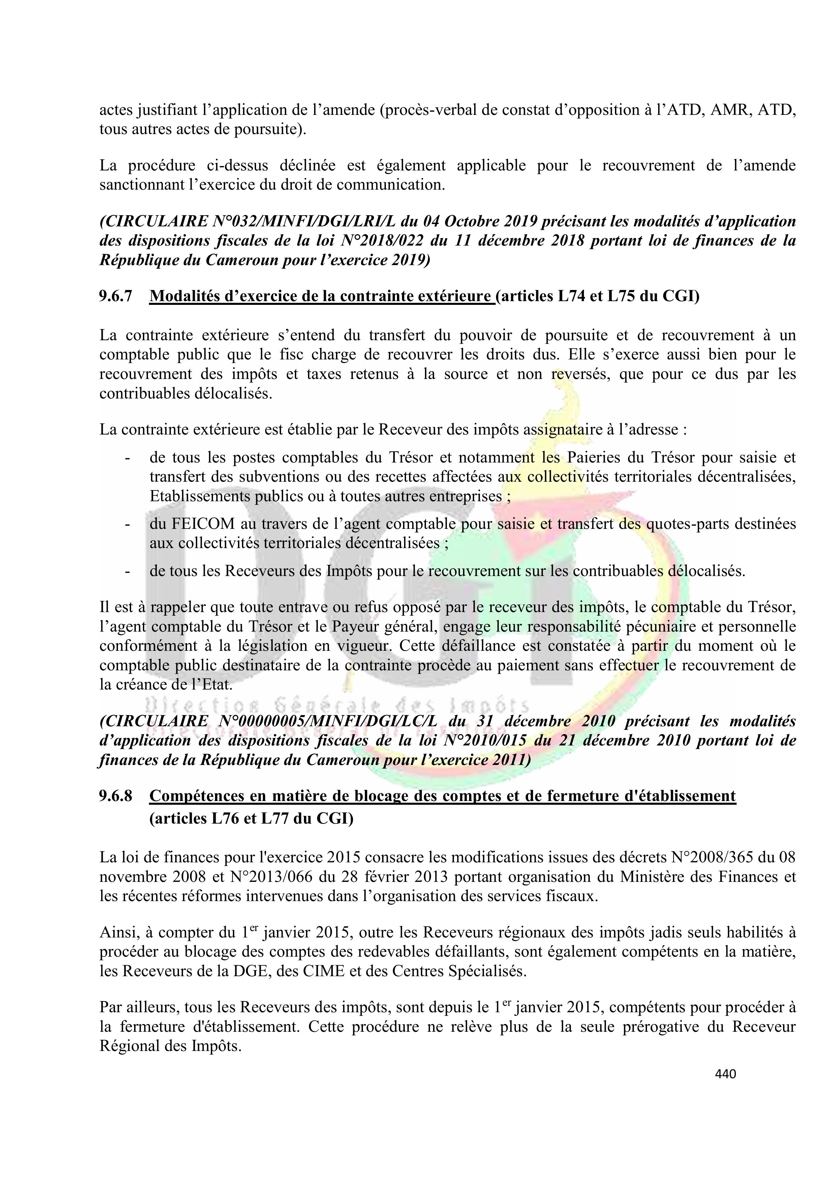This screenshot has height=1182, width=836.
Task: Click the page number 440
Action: (725, 1074)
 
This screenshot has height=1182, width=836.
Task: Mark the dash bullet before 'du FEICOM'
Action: (127, 524)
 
